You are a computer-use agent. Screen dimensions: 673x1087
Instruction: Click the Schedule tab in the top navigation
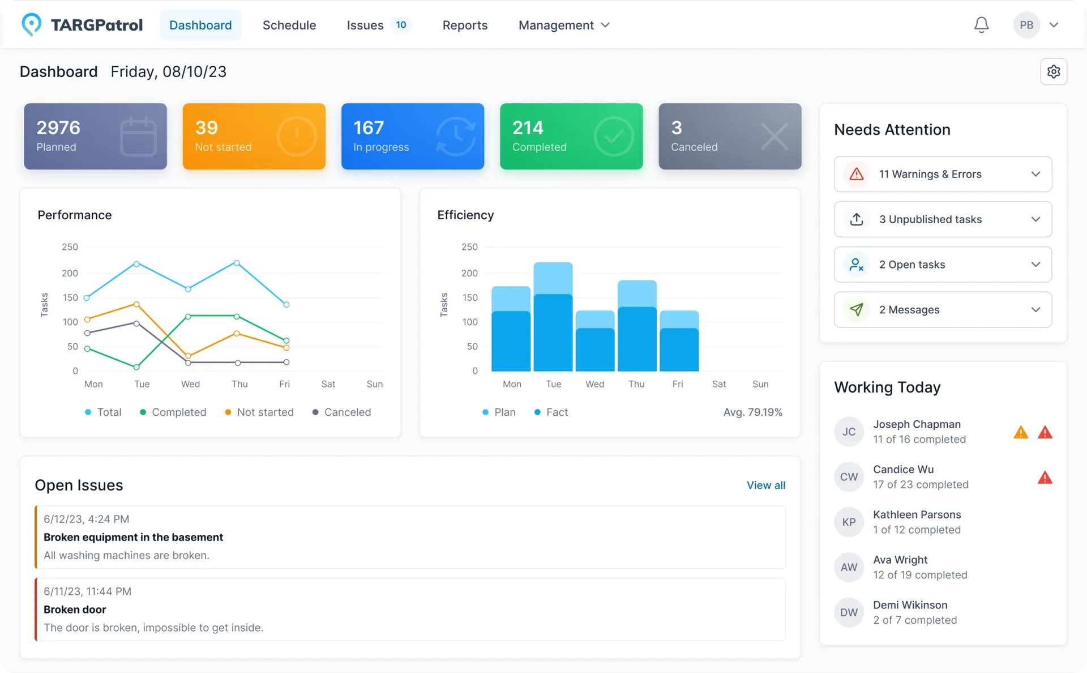289,25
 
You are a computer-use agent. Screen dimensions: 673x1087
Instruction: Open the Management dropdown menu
564,25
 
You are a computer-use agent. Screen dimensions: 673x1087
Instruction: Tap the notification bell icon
981,25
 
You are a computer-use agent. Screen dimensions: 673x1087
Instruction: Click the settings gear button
1053,72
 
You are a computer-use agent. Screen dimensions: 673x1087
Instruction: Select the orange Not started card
254,136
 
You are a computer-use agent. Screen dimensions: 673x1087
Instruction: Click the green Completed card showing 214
571,136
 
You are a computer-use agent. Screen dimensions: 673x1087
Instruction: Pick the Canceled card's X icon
774,136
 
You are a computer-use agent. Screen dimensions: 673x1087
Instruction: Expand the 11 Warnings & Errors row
943,174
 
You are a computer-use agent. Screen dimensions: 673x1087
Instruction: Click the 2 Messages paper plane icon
857,309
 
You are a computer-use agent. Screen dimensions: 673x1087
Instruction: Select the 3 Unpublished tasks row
943,219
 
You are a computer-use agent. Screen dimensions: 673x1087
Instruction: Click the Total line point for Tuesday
136,264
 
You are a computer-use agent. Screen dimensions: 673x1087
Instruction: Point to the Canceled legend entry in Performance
342,412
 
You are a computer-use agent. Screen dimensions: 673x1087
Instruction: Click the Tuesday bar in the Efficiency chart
553,317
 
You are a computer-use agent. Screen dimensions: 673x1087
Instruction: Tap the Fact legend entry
551,412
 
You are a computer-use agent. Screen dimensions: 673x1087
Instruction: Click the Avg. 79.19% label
752,412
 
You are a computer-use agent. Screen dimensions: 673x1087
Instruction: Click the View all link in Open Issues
765,485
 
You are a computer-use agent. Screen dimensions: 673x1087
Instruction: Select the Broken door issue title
75,610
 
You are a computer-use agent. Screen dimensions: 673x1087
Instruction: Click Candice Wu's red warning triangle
1045,478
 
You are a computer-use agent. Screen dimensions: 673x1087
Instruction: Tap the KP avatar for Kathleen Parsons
849,522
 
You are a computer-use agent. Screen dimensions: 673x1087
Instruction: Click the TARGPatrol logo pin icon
31,24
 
